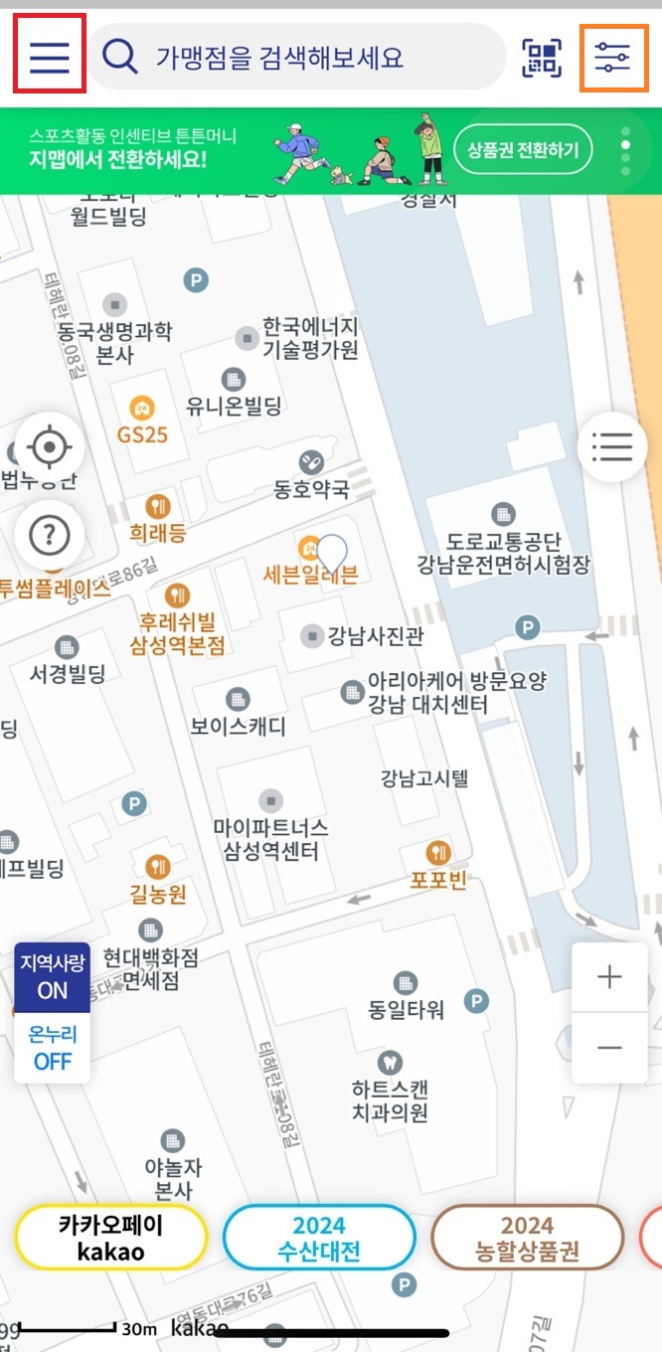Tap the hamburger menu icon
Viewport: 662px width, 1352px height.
coord(49,58)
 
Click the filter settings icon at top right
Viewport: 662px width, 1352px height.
coord(613,58)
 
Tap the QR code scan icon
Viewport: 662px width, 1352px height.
coord(542,58)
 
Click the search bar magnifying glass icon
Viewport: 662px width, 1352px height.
coord(119,58)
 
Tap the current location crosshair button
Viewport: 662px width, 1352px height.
coord(49,448)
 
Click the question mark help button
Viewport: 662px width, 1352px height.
coord(49,536)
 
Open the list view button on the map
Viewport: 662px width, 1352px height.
coord(612,447)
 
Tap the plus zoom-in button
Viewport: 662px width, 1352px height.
coord(609,977)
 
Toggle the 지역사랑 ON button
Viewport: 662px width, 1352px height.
coord(53,977)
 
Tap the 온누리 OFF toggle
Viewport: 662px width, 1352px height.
coord(53,1048)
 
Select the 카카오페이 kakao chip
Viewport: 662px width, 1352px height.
coord(110,1238)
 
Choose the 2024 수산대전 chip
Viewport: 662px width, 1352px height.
coord(318,1238)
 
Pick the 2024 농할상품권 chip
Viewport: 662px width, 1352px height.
coord(527,1238)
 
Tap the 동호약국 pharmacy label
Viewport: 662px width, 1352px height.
coord(312,488)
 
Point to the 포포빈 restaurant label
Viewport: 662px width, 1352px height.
coord(438,880)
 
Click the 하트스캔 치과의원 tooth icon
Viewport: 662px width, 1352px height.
coord(390,1063)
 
